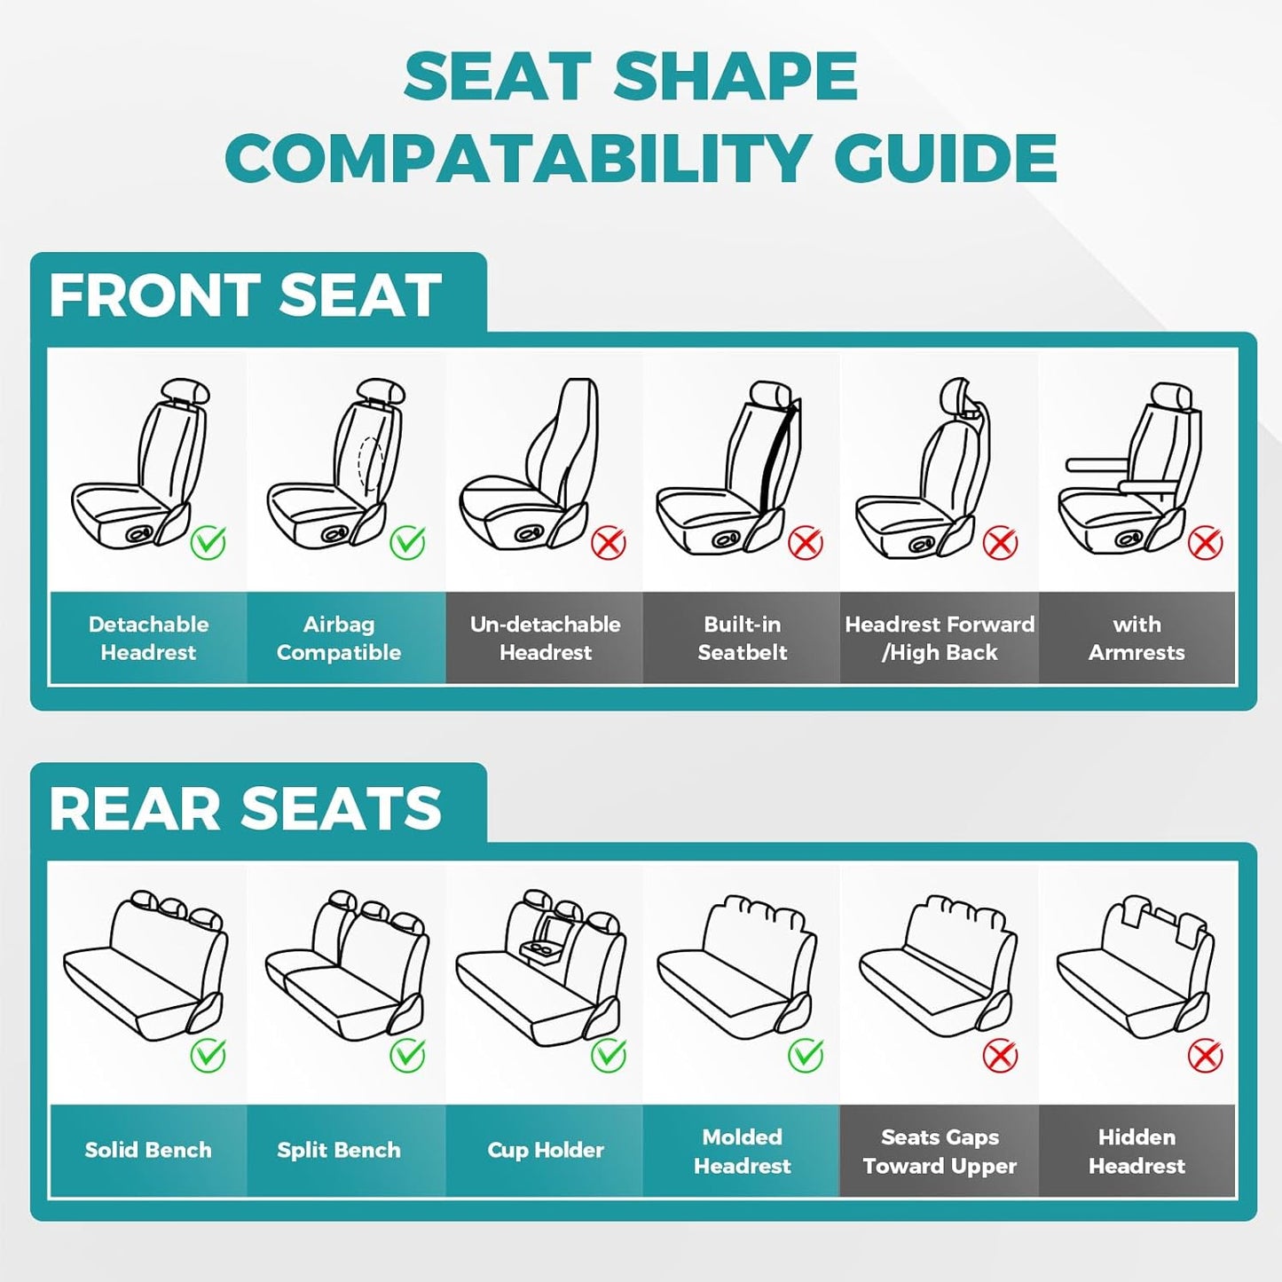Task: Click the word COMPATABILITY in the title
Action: [515, 159]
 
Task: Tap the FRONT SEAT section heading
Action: [245, 295]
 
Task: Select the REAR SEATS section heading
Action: [245, 808]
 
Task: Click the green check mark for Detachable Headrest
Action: [208, 541]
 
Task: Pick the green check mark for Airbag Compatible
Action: [408, 541]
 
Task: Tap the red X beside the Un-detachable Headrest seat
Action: [609, 542]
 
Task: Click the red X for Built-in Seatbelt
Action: [806, 542]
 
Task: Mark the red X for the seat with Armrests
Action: [1205, 542]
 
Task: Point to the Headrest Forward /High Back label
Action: [940, 638]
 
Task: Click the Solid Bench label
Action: [148, 1150]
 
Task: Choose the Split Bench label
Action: [339, 1150]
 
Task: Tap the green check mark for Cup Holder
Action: [609, 1055]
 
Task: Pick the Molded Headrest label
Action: [742, 1151]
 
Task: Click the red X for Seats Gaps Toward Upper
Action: [1000, 1056]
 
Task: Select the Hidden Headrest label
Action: [1136, 1151]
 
